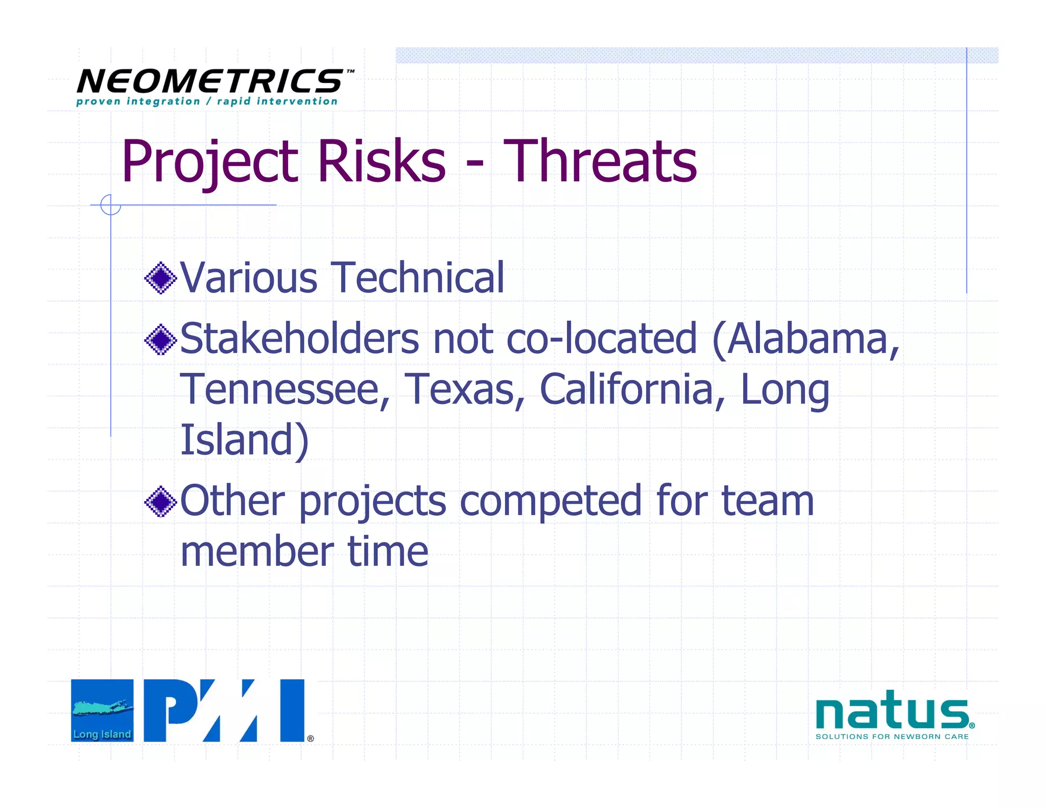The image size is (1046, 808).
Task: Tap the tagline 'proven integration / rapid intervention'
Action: tap(206, 102)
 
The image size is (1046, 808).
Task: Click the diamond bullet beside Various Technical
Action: tap(160, 278)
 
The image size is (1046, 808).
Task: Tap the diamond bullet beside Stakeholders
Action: tap(160, 339)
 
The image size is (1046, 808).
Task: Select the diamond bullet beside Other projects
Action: tap(160, 502)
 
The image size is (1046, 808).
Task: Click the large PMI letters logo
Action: tap(224, 710)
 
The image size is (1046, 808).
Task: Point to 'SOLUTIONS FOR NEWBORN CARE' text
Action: tap(892, 736)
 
